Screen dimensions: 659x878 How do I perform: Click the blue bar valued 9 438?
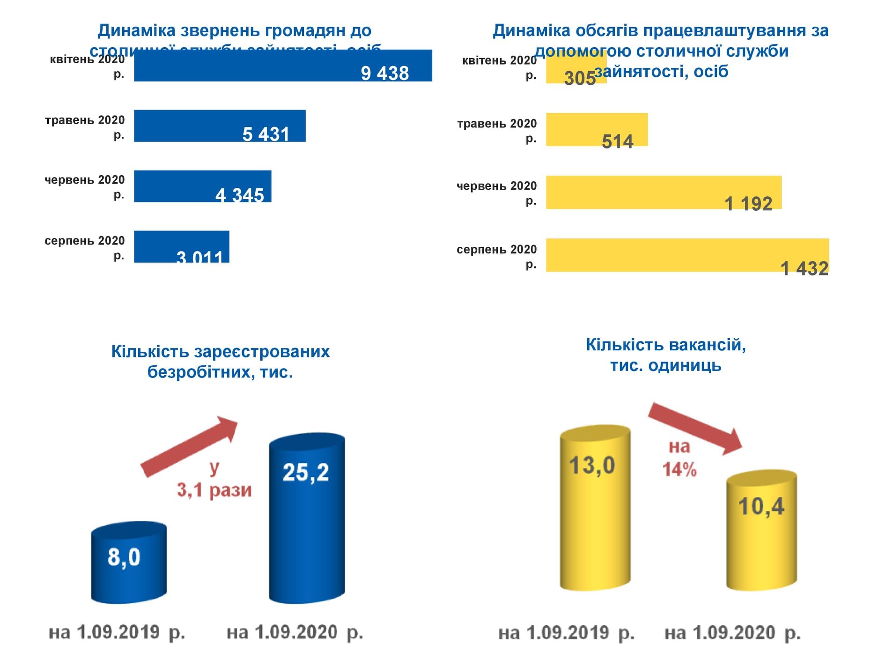click(282, 66)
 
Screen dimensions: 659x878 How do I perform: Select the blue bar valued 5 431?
click(220, 126)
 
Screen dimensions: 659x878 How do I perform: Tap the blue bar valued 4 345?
click(202, 186)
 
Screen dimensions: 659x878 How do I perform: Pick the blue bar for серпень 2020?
click(181, 246)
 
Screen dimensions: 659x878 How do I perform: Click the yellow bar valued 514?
click(597, 129)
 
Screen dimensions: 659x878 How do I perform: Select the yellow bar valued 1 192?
click(663, 192)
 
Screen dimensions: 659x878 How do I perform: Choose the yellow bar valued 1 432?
click(687, 255)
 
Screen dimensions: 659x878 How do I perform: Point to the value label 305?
click(579, 78)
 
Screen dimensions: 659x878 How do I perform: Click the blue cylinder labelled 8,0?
click(129, 562)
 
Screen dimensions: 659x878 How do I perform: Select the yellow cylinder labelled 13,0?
click(595, 508)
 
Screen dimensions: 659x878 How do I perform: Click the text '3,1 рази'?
click(214, 490)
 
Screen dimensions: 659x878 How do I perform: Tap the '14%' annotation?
click(679, 469)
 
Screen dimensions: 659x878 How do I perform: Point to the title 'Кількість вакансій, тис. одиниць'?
click(665, 355)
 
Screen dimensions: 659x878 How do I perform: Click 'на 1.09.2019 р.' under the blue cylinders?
click(117, 632)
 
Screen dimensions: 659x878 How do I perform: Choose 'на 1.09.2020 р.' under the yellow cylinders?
click(732, 633)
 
